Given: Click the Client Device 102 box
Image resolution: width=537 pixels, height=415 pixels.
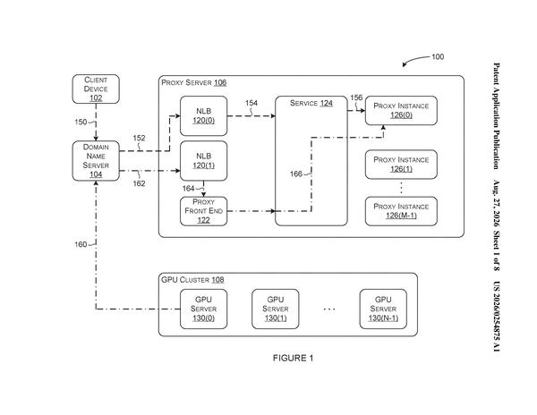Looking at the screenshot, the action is point(96,89).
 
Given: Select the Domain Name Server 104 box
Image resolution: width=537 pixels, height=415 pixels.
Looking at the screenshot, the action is point(96,161).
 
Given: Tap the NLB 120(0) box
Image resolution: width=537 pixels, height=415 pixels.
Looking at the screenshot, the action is point(204,116).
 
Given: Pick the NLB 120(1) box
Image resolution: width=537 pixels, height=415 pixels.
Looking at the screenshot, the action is point(204,161).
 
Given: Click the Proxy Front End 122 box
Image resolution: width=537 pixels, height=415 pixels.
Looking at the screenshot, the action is point(204,211).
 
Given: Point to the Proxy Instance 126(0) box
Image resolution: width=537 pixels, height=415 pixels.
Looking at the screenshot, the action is point(401,111).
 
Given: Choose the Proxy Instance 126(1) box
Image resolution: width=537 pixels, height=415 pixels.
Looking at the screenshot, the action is point(401,165).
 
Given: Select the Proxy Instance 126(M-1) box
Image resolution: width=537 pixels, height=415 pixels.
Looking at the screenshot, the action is point(401,211).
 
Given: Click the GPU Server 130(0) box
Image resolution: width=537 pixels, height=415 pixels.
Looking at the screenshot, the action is point(204,309).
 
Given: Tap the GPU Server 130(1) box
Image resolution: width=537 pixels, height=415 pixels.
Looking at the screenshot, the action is point(276,309).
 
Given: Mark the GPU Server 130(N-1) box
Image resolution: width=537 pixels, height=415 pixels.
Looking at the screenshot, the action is point(383,309).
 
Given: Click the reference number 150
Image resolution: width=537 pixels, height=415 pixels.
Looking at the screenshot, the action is point(81,123).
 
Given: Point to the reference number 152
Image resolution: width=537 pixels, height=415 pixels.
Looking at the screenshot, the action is point(139,139).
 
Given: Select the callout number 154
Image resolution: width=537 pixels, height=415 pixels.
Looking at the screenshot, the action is point(251,103).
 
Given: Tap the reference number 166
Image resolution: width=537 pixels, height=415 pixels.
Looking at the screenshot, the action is point(296,174).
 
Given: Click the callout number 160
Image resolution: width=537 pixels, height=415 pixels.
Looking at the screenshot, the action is point(81,244).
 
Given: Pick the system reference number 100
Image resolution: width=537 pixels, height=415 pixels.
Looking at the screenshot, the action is point(438,56).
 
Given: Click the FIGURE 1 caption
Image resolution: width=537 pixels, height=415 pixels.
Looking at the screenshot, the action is point(293,359).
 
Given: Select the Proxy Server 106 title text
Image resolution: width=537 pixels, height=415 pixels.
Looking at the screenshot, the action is point(194,82).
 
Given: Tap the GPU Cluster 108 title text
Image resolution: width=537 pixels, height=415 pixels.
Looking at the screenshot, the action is point(192,280).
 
